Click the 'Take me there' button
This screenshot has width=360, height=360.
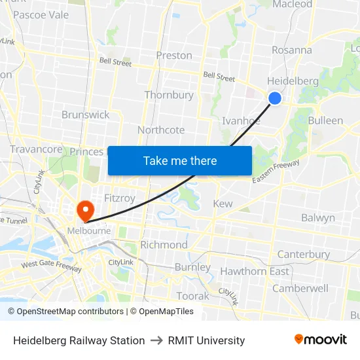tap(180, 160)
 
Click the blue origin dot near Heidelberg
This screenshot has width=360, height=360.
tap(275, 98)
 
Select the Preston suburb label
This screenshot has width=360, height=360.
tap(174, 56)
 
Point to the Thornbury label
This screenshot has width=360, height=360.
tap(169, 95)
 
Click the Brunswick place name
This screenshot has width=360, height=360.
tap(86, 115)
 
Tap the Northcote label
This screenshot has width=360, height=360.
tap(161, 130)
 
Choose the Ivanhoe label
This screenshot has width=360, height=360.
tap(241, 120)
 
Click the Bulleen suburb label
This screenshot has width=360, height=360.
tap(325, 120)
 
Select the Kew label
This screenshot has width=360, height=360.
tap(223, 204)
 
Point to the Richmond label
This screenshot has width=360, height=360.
tap(164, 245)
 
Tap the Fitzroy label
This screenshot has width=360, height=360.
tap(120, 197)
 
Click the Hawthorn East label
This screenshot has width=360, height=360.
tap(255, 271)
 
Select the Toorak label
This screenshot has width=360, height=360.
tap(192, 296)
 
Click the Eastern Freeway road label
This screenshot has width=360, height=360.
tap(276, 171)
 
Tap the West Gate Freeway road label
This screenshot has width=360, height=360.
tap(52, 266)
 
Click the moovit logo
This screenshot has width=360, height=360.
tap(321, 340)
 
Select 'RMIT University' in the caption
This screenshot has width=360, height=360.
tap(206, 340)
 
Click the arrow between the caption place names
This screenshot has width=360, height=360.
tap(156, 340)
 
